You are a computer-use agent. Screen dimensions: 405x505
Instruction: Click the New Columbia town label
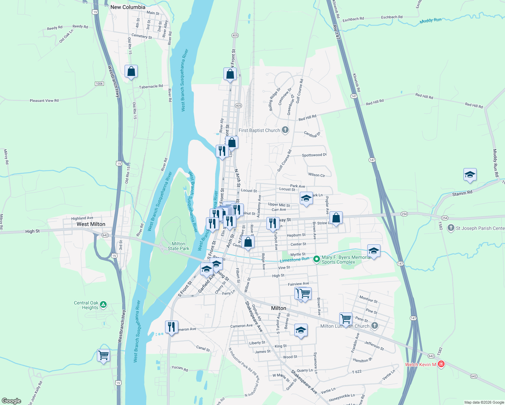(128, 7)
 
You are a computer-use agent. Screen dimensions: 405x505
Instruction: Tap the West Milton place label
(91, 224)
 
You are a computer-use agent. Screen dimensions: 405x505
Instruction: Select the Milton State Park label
(178, 246)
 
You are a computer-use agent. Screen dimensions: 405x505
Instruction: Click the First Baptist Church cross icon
(285, 130)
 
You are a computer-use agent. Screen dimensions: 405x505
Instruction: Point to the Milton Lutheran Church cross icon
(374, 326)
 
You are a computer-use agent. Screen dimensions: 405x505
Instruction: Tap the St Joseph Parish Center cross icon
(451, 228)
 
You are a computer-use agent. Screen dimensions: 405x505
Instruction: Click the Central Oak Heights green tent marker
(103, 305)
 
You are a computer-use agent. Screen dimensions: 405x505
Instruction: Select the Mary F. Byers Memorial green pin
(316, 259)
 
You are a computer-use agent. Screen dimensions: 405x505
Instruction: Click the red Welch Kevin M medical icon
(441, 364)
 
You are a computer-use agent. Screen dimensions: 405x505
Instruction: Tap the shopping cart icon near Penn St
(346, 318)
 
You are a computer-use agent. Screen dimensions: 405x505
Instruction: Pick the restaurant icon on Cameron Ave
(171, 327)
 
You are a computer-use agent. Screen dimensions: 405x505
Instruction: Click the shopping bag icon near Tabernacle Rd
(131, 71)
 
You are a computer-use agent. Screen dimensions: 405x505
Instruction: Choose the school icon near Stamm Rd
(470, 174)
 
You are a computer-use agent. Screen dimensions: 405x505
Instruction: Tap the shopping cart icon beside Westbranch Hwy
(103, 355)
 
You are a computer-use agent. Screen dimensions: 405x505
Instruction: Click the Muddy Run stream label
(430, 21)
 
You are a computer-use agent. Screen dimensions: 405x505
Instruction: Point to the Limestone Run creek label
(294, 260)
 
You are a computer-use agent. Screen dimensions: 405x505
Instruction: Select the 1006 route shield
(99, 84)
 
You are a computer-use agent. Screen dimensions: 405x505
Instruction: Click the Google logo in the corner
(11, 401)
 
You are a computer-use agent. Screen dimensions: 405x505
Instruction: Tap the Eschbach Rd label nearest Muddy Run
(392, 17)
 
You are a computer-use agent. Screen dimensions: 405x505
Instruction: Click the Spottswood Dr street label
(314, 155)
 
